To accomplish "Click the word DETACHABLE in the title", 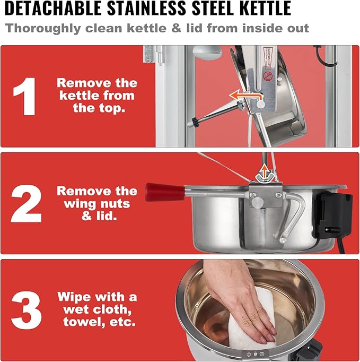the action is click(x=53, y=8).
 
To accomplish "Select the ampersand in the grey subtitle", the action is click(x=176, y=28).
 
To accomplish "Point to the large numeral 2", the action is click(x=26, y=204).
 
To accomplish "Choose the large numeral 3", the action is click(x=27, y=311).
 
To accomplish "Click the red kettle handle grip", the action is click(x=165, y=192).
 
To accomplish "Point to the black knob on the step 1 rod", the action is click(x=196, y=122).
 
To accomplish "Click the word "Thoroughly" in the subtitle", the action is click(x=43, y=29).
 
